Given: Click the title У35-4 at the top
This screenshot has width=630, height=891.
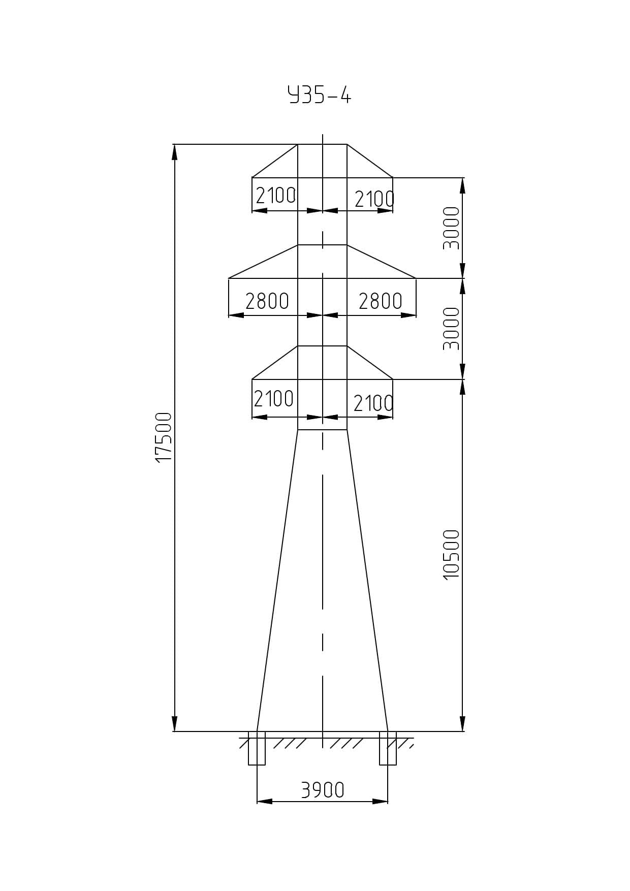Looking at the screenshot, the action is tap(320, 95).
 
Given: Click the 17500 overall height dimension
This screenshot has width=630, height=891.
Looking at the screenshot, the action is tap(164, 437).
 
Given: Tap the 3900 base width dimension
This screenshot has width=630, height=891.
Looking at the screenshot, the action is tap(323, 790).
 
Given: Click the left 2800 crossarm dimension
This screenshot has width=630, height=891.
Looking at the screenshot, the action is tap(267, 301).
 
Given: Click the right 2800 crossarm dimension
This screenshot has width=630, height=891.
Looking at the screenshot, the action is tap(381, 301).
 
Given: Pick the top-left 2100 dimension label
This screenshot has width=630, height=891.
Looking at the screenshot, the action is tap(275, 196).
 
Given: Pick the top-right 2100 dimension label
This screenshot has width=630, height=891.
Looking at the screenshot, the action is tap(374, 199).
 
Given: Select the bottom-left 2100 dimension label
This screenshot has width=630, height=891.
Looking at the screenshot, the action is tap(273, 399).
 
